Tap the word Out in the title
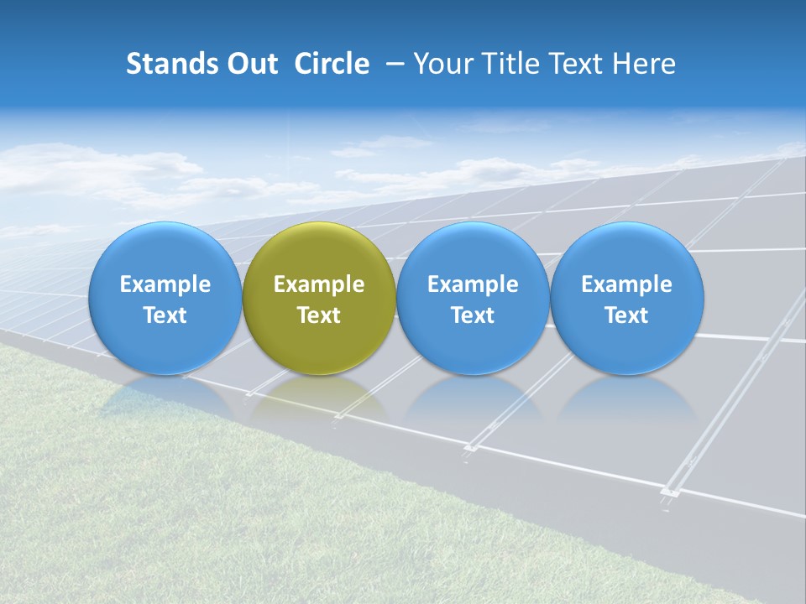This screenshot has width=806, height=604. coord(252,64)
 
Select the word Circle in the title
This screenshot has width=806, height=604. coord(332,64)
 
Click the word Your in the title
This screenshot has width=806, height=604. coord(441,65)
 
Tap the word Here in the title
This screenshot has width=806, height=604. coord(643,64)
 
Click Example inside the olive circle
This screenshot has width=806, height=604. coord(319,285)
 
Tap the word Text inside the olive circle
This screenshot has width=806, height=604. coord(319,315)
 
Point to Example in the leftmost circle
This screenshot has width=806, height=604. coord(165,285)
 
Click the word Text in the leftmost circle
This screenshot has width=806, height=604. coord(165,315)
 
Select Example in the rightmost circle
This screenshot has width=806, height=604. coord(627,285)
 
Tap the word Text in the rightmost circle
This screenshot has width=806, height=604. coord(627,315)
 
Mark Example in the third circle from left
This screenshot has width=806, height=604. coord(473,285)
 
